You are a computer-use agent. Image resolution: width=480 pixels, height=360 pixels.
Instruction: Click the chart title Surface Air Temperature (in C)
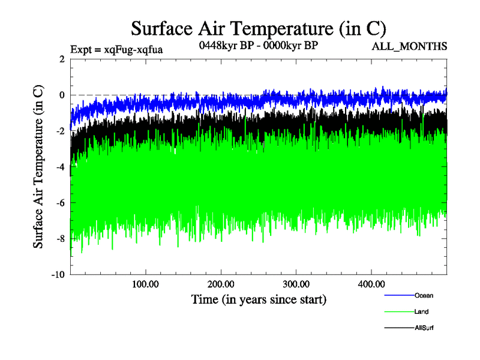258,28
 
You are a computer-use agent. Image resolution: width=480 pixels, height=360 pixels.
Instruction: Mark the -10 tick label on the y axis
57,275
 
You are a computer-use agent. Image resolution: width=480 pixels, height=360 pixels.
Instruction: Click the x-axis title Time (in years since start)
259,299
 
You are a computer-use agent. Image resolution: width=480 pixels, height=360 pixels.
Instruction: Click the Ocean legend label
424,295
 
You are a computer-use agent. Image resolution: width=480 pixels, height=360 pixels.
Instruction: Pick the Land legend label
421,311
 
